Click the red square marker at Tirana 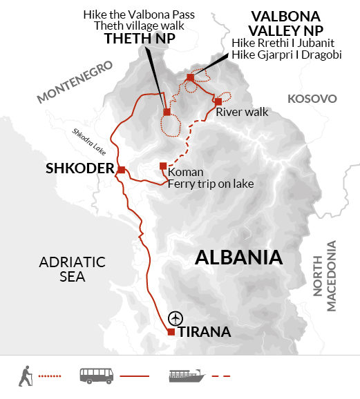tap(171, 332)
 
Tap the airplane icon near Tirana tap(176, 317)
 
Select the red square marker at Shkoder tap(121, 170)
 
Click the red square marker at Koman tap(163, 166)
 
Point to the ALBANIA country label tap(239, 257)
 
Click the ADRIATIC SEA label tap(61, 269)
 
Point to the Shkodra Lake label tap(88, 143)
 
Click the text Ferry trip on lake tap(211, 184)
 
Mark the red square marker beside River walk tap(218, 101)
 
